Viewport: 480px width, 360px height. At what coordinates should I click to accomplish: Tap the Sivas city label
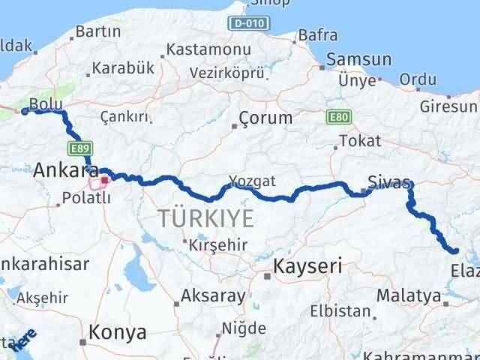coord(389,181)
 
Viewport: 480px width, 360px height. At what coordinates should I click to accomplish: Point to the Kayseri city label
coord(307,265)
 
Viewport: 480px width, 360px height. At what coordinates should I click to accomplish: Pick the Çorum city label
coord(265,118)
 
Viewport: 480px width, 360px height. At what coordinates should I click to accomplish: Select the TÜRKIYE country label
coord(205,219)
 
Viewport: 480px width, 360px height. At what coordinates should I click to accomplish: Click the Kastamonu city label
coord(208,49)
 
